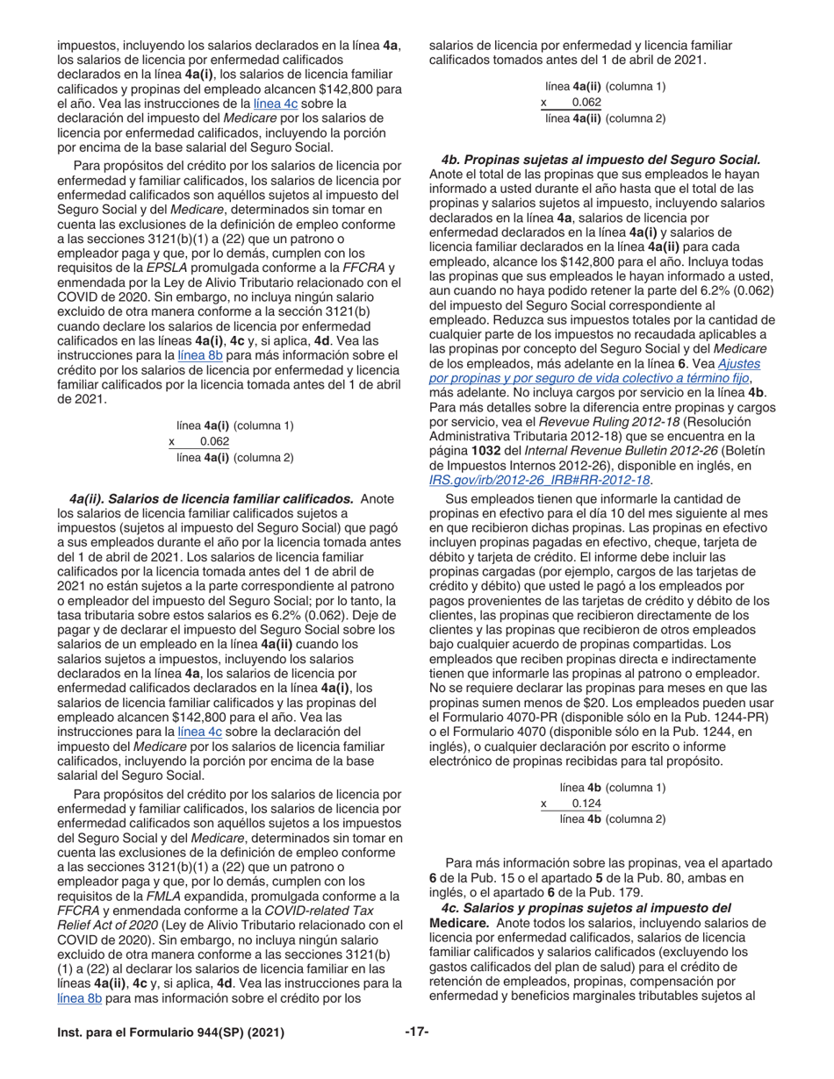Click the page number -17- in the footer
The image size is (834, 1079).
pos(416,1033)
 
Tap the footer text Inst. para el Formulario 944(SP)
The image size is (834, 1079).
pos(170,1033)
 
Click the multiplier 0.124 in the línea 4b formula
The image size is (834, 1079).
pos(586,804)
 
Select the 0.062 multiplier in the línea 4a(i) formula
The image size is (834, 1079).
pos(214,441)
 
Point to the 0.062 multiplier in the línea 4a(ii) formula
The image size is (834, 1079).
pos(586,103)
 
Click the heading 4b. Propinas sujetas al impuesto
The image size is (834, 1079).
pos(600,160)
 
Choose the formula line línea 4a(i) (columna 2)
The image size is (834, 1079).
pos(234,457)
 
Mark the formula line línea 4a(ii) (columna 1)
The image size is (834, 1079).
pos(605,87)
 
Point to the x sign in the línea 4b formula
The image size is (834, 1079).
pos(544,804)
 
